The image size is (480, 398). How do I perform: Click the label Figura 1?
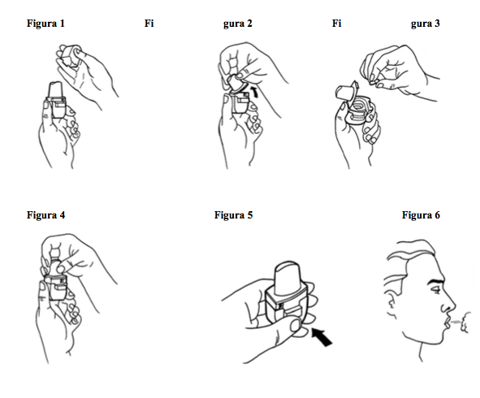coord(45,24)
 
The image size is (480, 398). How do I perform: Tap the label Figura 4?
coord(45,215)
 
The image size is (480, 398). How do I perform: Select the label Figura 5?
coord(233,215)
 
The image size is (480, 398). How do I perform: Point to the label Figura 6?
coord(421,215)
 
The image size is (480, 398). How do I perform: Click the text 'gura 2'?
coord(237,24)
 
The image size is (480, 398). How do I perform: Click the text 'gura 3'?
coord(426,24)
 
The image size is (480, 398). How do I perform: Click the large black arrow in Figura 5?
coord(322,337)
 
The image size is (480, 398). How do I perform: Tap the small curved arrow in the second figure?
coord(255,92)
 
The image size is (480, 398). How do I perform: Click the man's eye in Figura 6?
coord(435,290)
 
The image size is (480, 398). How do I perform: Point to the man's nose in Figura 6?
coord(449,304)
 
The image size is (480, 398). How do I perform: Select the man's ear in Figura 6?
coord(390,304)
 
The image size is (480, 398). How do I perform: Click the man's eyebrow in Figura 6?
coord(435,281)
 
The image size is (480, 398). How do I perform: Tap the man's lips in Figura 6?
coord(447,322)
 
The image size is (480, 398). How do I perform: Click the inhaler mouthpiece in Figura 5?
coord(288,278)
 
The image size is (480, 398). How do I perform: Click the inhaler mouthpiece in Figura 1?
coord(56,89)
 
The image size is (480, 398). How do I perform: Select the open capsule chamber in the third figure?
coord(359,110)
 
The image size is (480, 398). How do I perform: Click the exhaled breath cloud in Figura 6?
coord(465,322)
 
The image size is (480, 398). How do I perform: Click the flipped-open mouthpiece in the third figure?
coord(345,91)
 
